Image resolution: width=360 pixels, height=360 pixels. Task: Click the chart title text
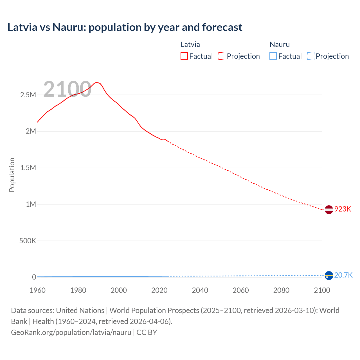click(125, 27)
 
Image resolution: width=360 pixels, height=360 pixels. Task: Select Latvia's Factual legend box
click(184, 56)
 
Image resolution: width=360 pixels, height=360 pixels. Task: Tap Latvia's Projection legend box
click(222, 56)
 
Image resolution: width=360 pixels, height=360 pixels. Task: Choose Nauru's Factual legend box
click(273, 56)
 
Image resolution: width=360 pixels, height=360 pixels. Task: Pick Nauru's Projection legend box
click(310, 56)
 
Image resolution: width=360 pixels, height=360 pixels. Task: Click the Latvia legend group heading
click(190, 44)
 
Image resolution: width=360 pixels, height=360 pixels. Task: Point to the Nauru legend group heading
click(280, 44)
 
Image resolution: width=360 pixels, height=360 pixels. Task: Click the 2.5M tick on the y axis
click(28, 95)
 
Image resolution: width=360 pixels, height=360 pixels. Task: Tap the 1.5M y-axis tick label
click(28, 168)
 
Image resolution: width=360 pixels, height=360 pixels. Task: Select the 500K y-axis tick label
click(28, 241)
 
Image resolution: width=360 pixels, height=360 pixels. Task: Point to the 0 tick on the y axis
click(34, 277)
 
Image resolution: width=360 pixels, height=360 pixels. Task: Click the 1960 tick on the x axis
click(37, 290)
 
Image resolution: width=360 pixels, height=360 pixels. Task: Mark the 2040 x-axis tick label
click(200, 290)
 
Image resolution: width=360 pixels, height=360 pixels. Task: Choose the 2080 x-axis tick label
click(281, 290)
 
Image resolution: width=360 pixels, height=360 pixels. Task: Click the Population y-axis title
click(12, 175)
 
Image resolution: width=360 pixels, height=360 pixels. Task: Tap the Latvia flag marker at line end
click(329, 210)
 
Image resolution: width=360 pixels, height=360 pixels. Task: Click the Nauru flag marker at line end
click(329, 276)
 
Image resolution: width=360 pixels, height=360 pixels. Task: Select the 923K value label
click(343, 209)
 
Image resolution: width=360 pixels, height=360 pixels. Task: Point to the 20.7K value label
click(343, 275)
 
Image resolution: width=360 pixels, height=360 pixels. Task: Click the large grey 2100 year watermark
click(67, 89)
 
